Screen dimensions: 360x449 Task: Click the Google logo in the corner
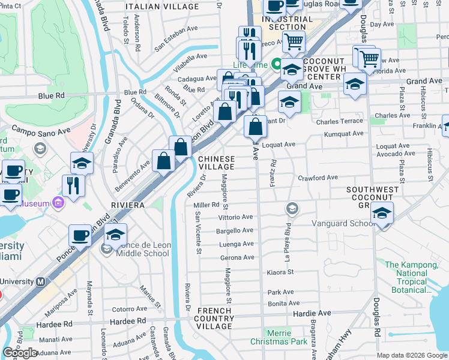[20, 352]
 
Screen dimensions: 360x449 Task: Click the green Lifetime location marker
[277, 64]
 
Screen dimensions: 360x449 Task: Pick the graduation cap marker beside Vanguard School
[382, 214]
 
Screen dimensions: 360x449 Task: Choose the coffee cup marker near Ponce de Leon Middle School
[80, 235]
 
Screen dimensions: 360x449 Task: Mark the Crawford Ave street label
[318, 178]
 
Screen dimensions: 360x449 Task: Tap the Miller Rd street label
[206, 205]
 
